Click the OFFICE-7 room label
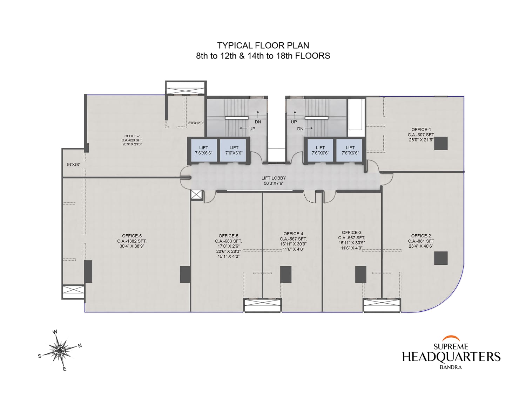coord(132,136)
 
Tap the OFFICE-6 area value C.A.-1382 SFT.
coord(132,241)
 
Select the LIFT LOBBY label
coord(274,178)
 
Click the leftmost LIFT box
coord(203,150)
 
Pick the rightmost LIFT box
coord(350,150)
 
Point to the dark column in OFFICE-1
coord(441,143)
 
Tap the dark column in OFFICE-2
coord(441,258)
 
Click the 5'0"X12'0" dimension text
coord(196,123)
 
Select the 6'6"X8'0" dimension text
coord(73,164)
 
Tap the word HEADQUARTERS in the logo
coord(451,357)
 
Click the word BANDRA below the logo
coord(451,367)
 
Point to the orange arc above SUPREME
coord(451,338)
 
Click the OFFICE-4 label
coord(293,234)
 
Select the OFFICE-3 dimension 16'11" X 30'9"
coord(352,243)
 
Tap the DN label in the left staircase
coord(258,122)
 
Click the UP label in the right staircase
coord(294,122)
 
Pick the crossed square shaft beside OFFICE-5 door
coord(197,195)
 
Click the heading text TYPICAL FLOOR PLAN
coord(263,46)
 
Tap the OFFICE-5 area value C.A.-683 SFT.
coord(228,241)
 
